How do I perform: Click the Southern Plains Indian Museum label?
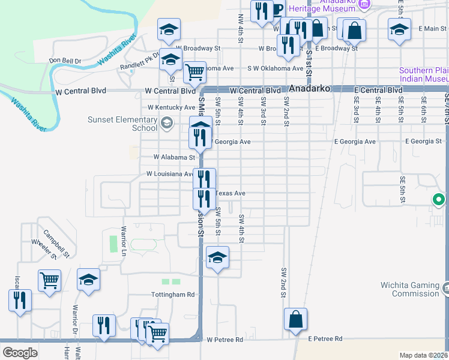point(423,74)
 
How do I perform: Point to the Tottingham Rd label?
point(173,295)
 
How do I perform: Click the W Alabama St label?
point(175,157)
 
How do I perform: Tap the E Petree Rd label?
point(325,339)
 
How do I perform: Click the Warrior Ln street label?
point(124,238)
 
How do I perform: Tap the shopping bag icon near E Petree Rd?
point(296,320)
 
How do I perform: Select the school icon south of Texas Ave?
point(217,258)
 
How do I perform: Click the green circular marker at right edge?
point(439,200)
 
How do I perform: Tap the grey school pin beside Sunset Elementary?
point(166,124)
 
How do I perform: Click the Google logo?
point(20,353)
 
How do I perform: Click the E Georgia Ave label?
point(355,142)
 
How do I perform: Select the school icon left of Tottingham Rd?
point(88,280)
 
